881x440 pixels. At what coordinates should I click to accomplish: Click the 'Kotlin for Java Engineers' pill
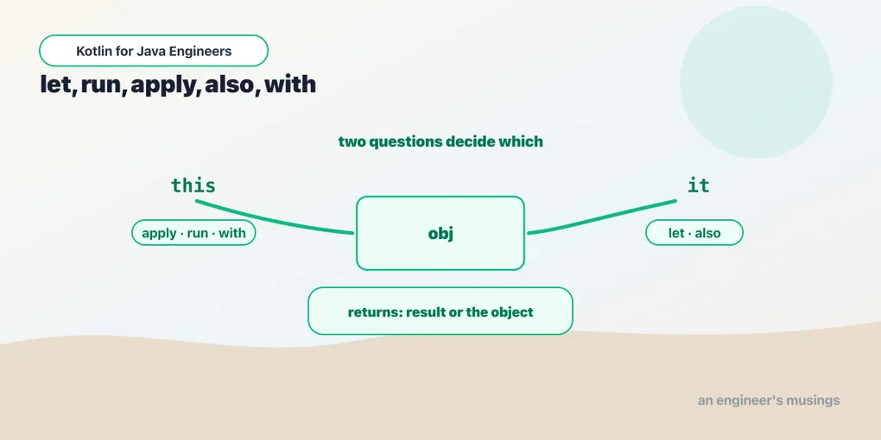(154, 51)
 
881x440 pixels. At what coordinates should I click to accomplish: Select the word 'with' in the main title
(290, 85)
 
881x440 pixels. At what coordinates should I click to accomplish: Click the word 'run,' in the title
(104, 86)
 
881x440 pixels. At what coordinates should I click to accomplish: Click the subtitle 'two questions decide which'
(440, 141)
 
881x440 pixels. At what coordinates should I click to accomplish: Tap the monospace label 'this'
(193, 185)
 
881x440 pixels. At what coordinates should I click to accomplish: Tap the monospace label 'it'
(699, 185)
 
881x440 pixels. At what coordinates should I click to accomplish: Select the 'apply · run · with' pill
(193, 232)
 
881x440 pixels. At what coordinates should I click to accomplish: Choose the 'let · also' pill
(694, 232)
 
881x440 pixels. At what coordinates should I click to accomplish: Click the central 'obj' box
(440, 233)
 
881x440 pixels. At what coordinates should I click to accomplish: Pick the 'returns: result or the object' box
(440, 311)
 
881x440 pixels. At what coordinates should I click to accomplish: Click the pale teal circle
(757, 82)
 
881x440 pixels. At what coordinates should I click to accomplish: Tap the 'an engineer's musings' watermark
(769, 400)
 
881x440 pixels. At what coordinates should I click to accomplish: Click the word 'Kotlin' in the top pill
(92, 51)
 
